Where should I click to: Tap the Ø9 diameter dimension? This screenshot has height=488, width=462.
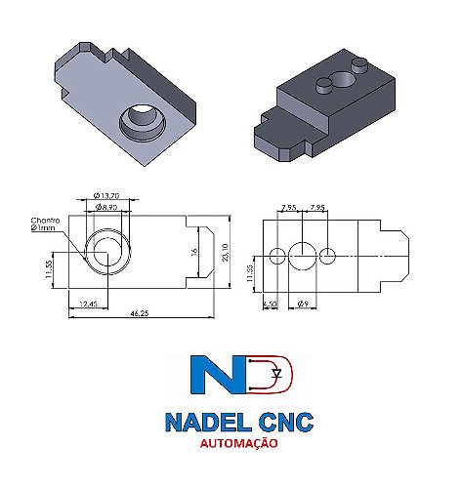click(305, 305)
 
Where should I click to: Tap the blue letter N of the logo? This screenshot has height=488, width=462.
click(221, 380)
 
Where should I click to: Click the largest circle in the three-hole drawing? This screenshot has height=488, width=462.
click(305, 256)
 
